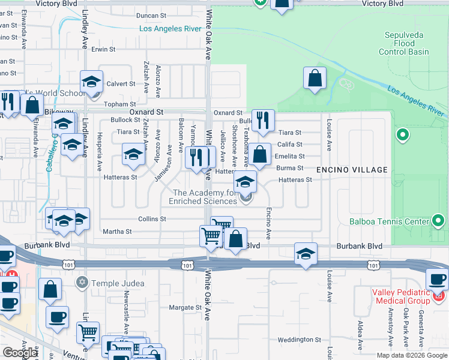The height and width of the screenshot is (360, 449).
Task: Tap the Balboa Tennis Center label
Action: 390,221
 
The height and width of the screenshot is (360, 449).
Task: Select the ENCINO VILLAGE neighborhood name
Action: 352,170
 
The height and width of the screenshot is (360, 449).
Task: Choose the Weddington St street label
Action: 300,340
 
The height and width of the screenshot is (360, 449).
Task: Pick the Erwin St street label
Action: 103,49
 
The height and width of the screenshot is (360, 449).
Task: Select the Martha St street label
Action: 117,232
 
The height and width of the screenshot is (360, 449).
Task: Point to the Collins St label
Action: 152,219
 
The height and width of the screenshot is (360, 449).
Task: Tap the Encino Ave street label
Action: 268,224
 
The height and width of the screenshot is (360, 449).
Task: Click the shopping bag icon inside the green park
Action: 315,78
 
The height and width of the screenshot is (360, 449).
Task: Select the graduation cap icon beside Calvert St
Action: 91,82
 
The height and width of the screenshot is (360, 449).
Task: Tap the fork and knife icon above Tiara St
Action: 262,121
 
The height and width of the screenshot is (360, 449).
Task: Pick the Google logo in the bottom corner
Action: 20,353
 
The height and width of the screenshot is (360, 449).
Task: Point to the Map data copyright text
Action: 412,355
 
